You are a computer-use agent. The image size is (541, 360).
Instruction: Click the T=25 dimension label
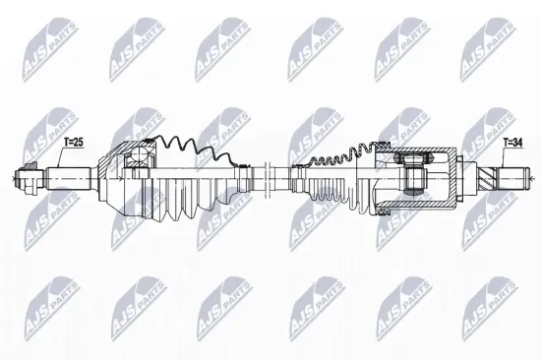[75, 144]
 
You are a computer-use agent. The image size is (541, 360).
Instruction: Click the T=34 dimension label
[513, 144]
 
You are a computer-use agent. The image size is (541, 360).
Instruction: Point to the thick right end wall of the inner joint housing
[453, 180]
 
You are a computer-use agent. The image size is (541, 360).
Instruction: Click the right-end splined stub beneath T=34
[515, 180]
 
